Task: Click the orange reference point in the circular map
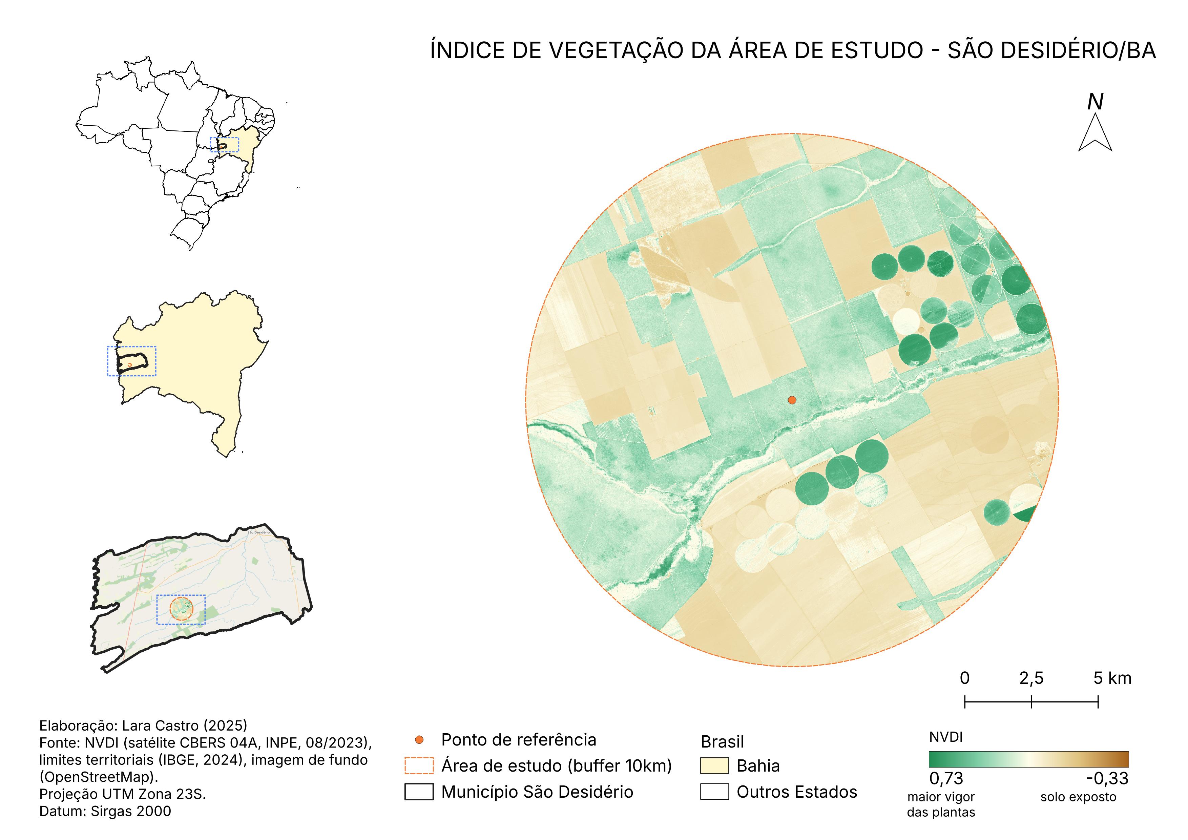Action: point(792,400)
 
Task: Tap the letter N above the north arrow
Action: point(1095,102)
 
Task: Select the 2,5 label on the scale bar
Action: point(1031,678)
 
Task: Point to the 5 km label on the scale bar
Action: point(1112,678)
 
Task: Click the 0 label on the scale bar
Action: point(964,678)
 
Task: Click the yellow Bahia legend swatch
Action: point(714,765)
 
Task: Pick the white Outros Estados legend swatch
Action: point(714,792)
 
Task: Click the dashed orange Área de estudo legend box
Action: point(419,765)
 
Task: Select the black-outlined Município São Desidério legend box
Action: point(419,792)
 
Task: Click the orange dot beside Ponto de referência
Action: point(419,740)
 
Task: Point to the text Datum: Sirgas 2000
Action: point(105,811)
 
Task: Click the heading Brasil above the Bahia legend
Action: point(722,742)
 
